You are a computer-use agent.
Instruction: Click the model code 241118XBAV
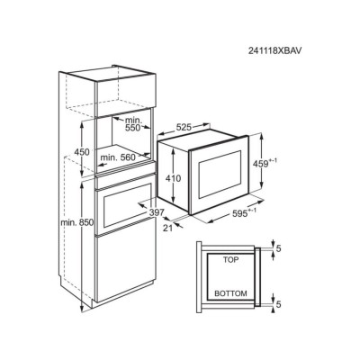[274, 50]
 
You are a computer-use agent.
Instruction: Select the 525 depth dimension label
[184, 127]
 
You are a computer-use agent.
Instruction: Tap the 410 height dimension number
[173, 178]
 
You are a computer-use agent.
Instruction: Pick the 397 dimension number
[157, 212]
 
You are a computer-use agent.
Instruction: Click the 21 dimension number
[168, 228]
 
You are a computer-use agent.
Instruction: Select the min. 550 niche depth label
[132, 124]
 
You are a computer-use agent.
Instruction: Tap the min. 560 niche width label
[118, 157]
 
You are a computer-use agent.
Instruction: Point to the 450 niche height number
[82, 152]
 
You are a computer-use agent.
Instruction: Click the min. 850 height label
[77, 222]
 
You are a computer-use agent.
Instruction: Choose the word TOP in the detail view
[230, 260]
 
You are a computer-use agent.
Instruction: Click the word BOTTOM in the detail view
[230, 293]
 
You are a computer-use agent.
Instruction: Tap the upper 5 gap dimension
[278, 248]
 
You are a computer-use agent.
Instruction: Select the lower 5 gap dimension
[278, 304]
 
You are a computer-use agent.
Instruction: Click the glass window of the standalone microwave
[220, 174]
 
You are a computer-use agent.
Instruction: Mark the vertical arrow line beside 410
[173, 175]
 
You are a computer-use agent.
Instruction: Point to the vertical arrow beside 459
[262, 160]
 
